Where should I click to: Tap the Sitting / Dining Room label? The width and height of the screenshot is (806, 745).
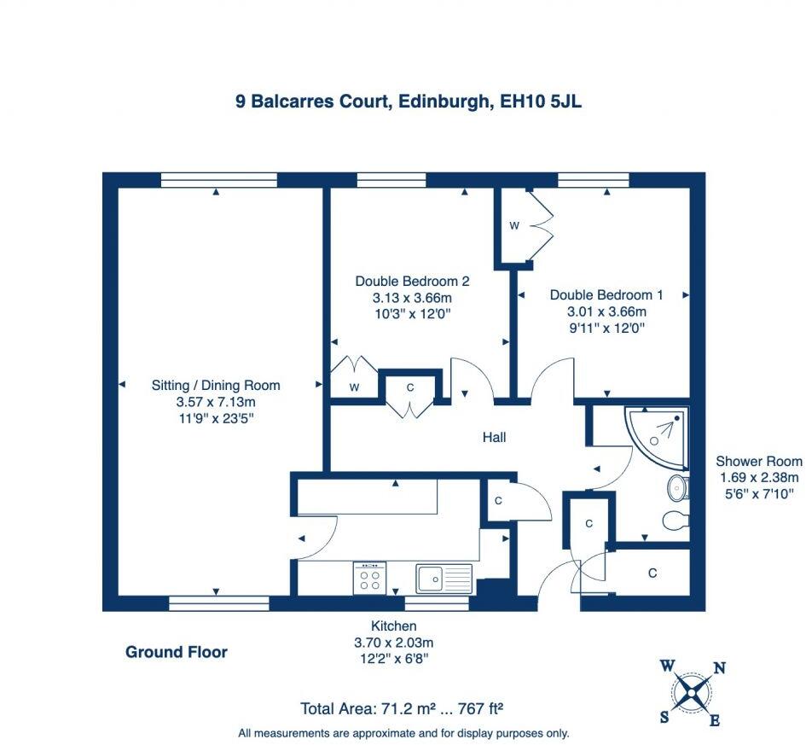[x=216, y=385]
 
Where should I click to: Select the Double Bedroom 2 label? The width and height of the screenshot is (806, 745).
[x=412, y=281]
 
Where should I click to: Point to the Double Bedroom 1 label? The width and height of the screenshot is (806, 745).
[x=606, y=294]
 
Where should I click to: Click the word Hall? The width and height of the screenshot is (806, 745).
[x=494, y=437]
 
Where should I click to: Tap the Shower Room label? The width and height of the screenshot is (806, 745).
[x=758, y=461]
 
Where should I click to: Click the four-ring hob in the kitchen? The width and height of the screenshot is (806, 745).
[x=369, y=578]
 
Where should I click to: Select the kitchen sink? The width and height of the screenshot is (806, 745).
[x=444, y=579]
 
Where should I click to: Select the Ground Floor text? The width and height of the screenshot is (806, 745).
[x=177, y=652]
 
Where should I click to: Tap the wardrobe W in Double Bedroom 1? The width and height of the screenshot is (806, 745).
[x=514, y=226]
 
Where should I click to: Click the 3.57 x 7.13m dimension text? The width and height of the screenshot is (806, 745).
[x=216, y=401]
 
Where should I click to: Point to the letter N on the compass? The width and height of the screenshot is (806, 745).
[x=719, y=668]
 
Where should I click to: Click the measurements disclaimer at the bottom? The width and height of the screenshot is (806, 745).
[x=403, y=732]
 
